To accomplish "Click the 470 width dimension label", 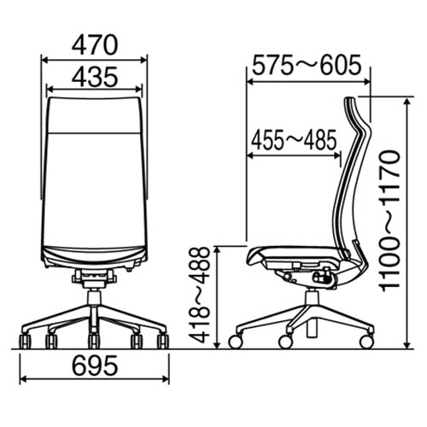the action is pyautogui.click(x=95, y=45).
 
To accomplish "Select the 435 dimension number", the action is pyautogui.click(x=95, y=77).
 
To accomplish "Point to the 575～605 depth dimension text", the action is pyautogui.click(x=307, y=65).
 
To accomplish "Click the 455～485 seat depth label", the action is pyautogui.click(x=294, y=140).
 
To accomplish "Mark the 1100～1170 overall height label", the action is pyautogui.click(x=390, y=221).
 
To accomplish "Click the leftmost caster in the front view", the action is pyautogui.click(x=25, y=342).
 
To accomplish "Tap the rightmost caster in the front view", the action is pyautogui.click(x=163, y=342).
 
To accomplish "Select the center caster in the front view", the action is pyautogui.click(x=94, y=342).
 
